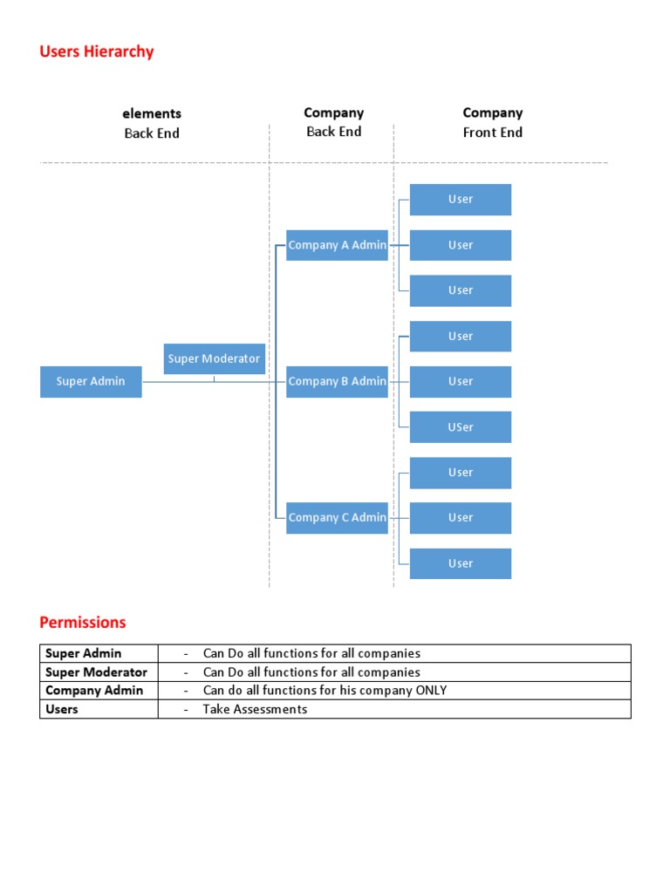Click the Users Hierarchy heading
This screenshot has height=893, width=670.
(96, 51)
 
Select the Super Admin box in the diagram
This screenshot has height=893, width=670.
(91, 382)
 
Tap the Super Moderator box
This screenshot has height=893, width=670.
(214, 358)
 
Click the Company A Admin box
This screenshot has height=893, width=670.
(337, 245)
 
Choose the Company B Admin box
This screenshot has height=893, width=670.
(337, 382)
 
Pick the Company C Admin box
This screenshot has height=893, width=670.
(337, 518)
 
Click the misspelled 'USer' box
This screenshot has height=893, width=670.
(461, 427)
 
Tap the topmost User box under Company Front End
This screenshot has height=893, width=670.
(461, 200)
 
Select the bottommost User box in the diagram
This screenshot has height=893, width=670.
(461, 563)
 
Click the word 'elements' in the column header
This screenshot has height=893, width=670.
(152, 113)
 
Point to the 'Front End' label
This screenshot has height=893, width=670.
(492, 133)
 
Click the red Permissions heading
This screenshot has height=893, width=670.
(83, 623)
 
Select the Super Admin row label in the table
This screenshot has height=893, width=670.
(84, 653)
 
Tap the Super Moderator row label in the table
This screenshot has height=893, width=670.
(96, 672)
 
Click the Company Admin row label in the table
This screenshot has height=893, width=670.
(94, 691)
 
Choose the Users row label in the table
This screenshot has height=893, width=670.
(62, 709)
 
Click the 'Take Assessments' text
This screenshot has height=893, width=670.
(255, 709)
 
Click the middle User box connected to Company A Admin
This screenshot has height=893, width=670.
(461, 245)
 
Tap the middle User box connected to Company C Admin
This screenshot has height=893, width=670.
(461, 518)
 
